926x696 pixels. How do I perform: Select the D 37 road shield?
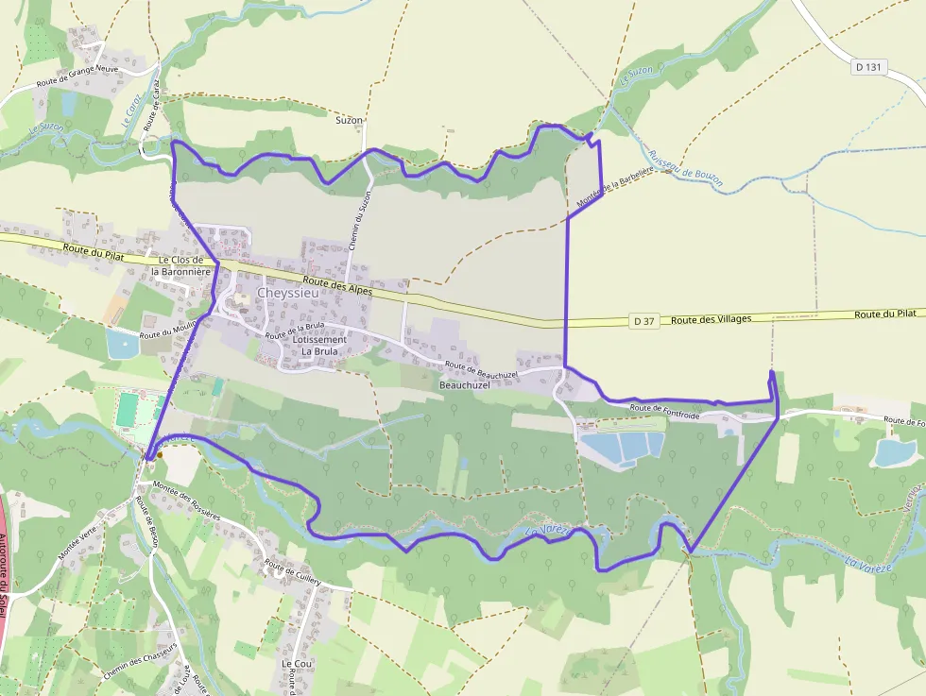pyautogui.click(x=643, y=321)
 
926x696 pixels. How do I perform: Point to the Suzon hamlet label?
pyautogui.click(x=350, y=121)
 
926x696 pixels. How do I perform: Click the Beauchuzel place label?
pyautogui.click(x=465, y=385)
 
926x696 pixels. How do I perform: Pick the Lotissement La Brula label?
pyautogui.click(x=318, y=346)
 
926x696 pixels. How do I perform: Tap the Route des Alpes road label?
pyautogui.click(x=339, y=286)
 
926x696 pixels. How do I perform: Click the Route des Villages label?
pyautogui.click(x=711, y=319)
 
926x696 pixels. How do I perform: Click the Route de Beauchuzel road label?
pyautogui.click(x=481, y=370)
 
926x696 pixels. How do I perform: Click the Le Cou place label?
pyautogui.click(x=297, y=664)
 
